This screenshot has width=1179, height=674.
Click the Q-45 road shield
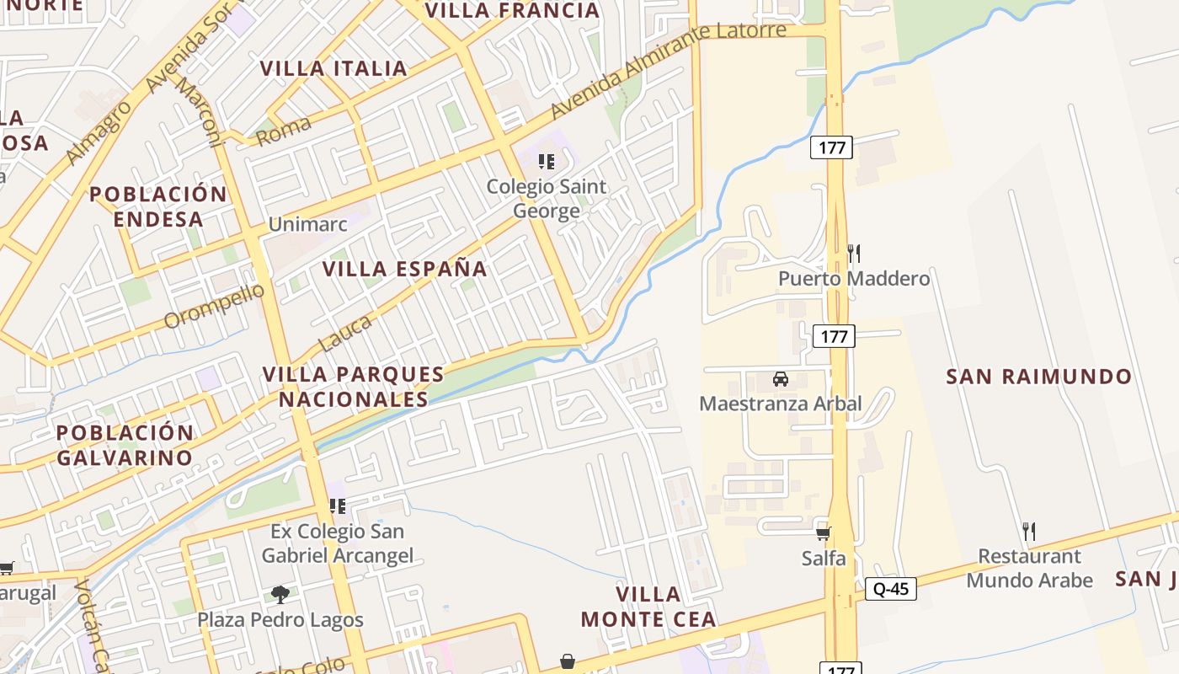click(x=891, y=589)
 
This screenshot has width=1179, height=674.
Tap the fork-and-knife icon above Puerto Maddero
click(x=854, y=253)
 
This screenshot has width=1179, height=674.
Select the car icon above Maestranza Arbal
click(x=781, y=378)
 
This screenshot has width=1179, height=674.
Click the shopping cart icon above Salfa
click(x=824, y=533)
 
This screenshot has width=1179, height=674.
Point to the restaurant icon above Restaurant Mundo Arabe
click(x=1028, y=531)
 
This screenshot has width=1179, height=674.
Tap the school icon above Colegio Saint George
click(x=547, y=161)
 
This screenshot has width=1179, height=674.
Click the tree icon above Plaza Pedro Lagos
click(x=280, y=595)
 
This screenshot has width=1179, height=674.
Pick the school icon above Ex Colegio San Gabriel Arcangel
click(x=338, y=506)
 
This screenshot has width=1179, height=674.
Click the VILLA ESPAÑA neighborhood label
click(x=405, y=269)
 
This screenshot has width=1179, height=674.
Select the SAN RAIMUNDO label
click(x=1039, y=377)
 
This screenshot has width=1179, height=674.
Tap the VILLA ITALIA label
click(x=333, y=68)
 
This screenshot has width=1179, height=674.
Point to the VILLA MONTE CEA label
click(x=648, y=607)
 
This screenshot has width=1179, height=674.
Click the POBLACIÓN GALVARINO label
click(x=125, y=445)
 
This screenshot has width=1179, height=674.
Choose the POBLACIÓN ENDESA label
click(x=158, y=206)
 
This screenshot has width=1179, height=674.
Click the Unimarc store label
click(x=306, y=224)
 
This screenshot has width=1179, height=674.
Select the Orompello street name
click(x=214, y=306)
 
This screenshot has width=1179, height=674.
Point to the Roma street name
click(x=284, y=131)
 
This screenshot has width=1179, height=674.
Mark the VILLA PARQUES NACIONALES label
click(x=354, y=386)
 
